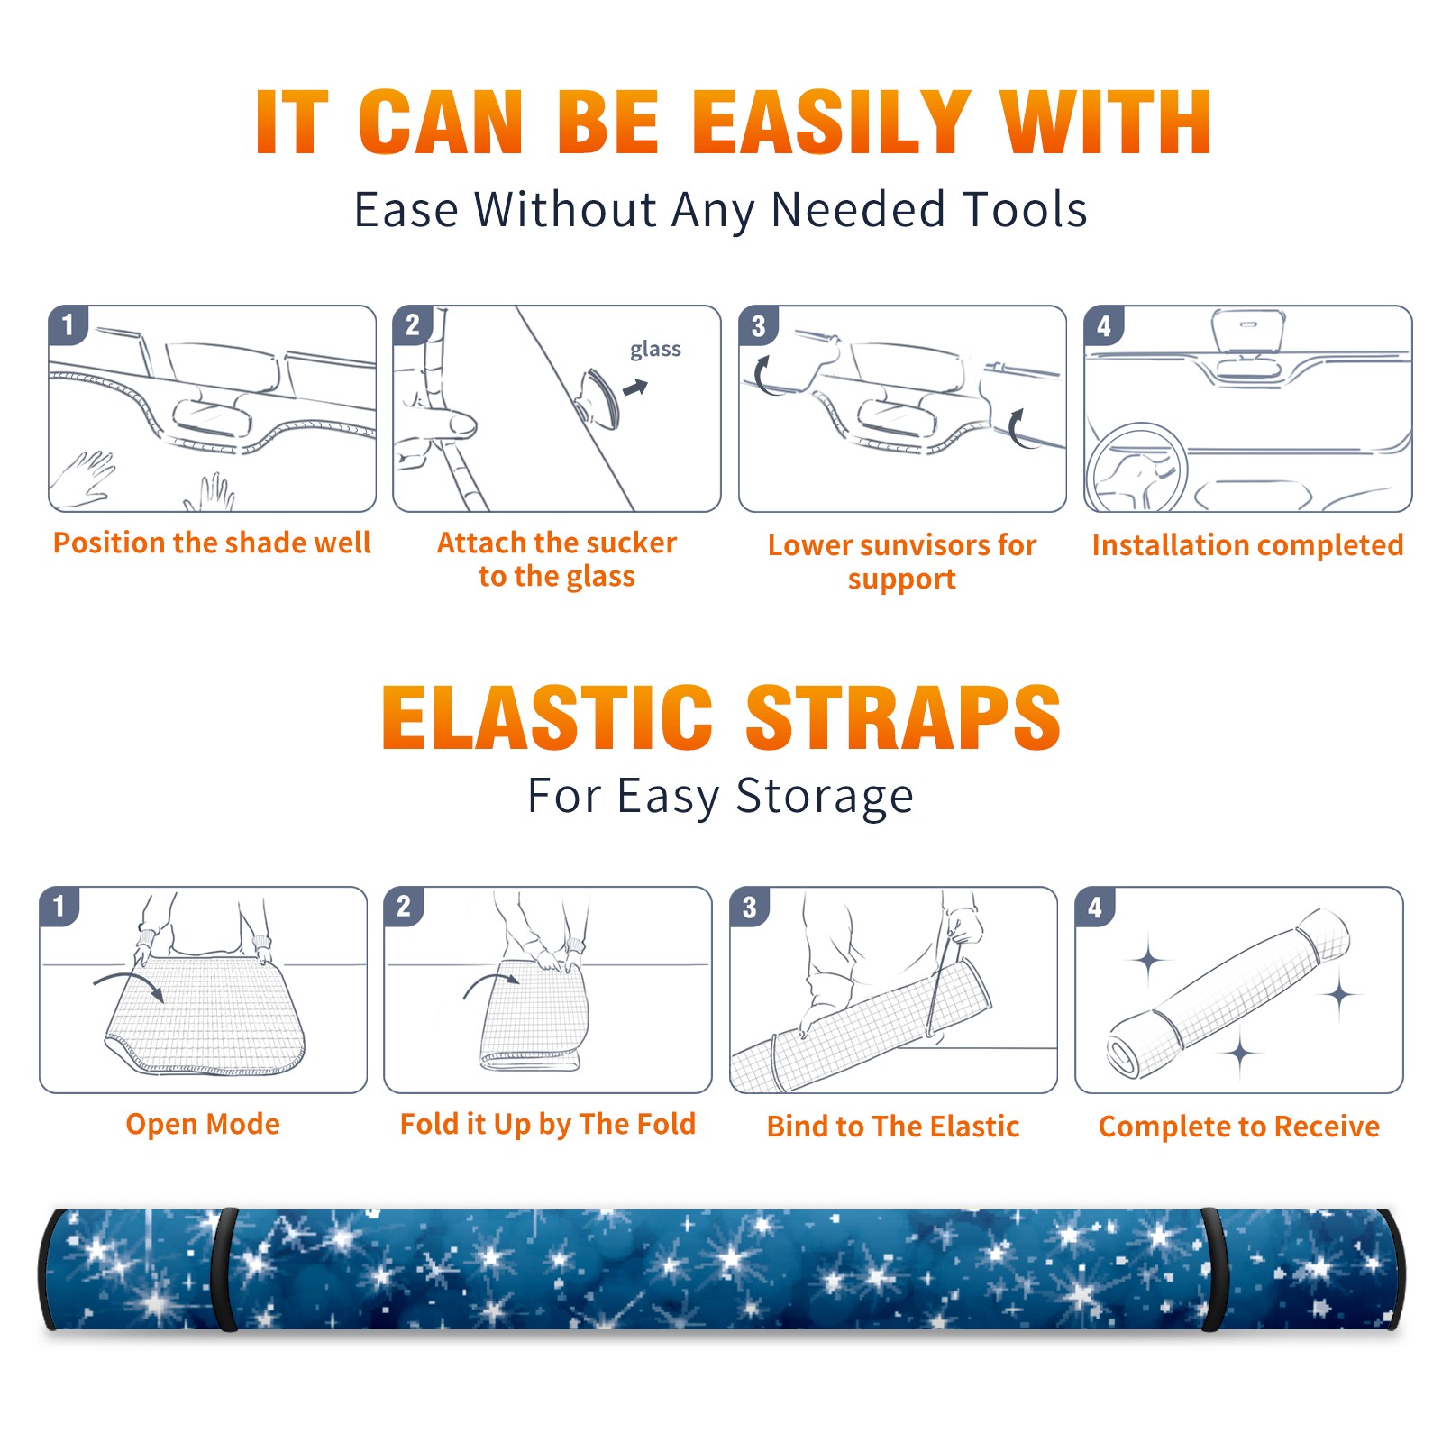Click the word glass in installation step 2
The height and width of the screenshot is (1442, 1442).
point(655,350)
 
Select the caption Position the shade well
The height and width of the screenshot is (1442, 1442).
point(212,543)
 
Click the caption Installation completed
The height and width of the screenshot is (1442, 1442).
point(1247,544)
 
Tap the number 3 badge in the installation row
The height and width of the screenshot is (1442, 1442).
point(758,326)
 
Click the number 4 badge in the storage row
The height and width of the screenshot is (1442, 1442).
point(1095,907)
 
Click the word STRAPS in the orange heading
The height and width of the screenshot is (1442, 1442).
point(903,717)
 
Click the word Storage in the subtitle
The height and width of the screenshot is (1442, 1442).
point(825,796)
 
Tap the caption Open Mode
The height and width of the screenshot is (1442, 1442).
point(203,1124)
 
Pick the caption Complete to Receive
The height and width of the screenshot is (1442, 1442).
point(1239,1126)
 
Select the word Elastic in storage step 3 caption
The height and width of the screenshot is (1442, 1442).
point(974,1126)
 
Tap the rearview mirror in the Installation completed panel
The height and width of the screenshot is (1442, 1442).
point(1248,330)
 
